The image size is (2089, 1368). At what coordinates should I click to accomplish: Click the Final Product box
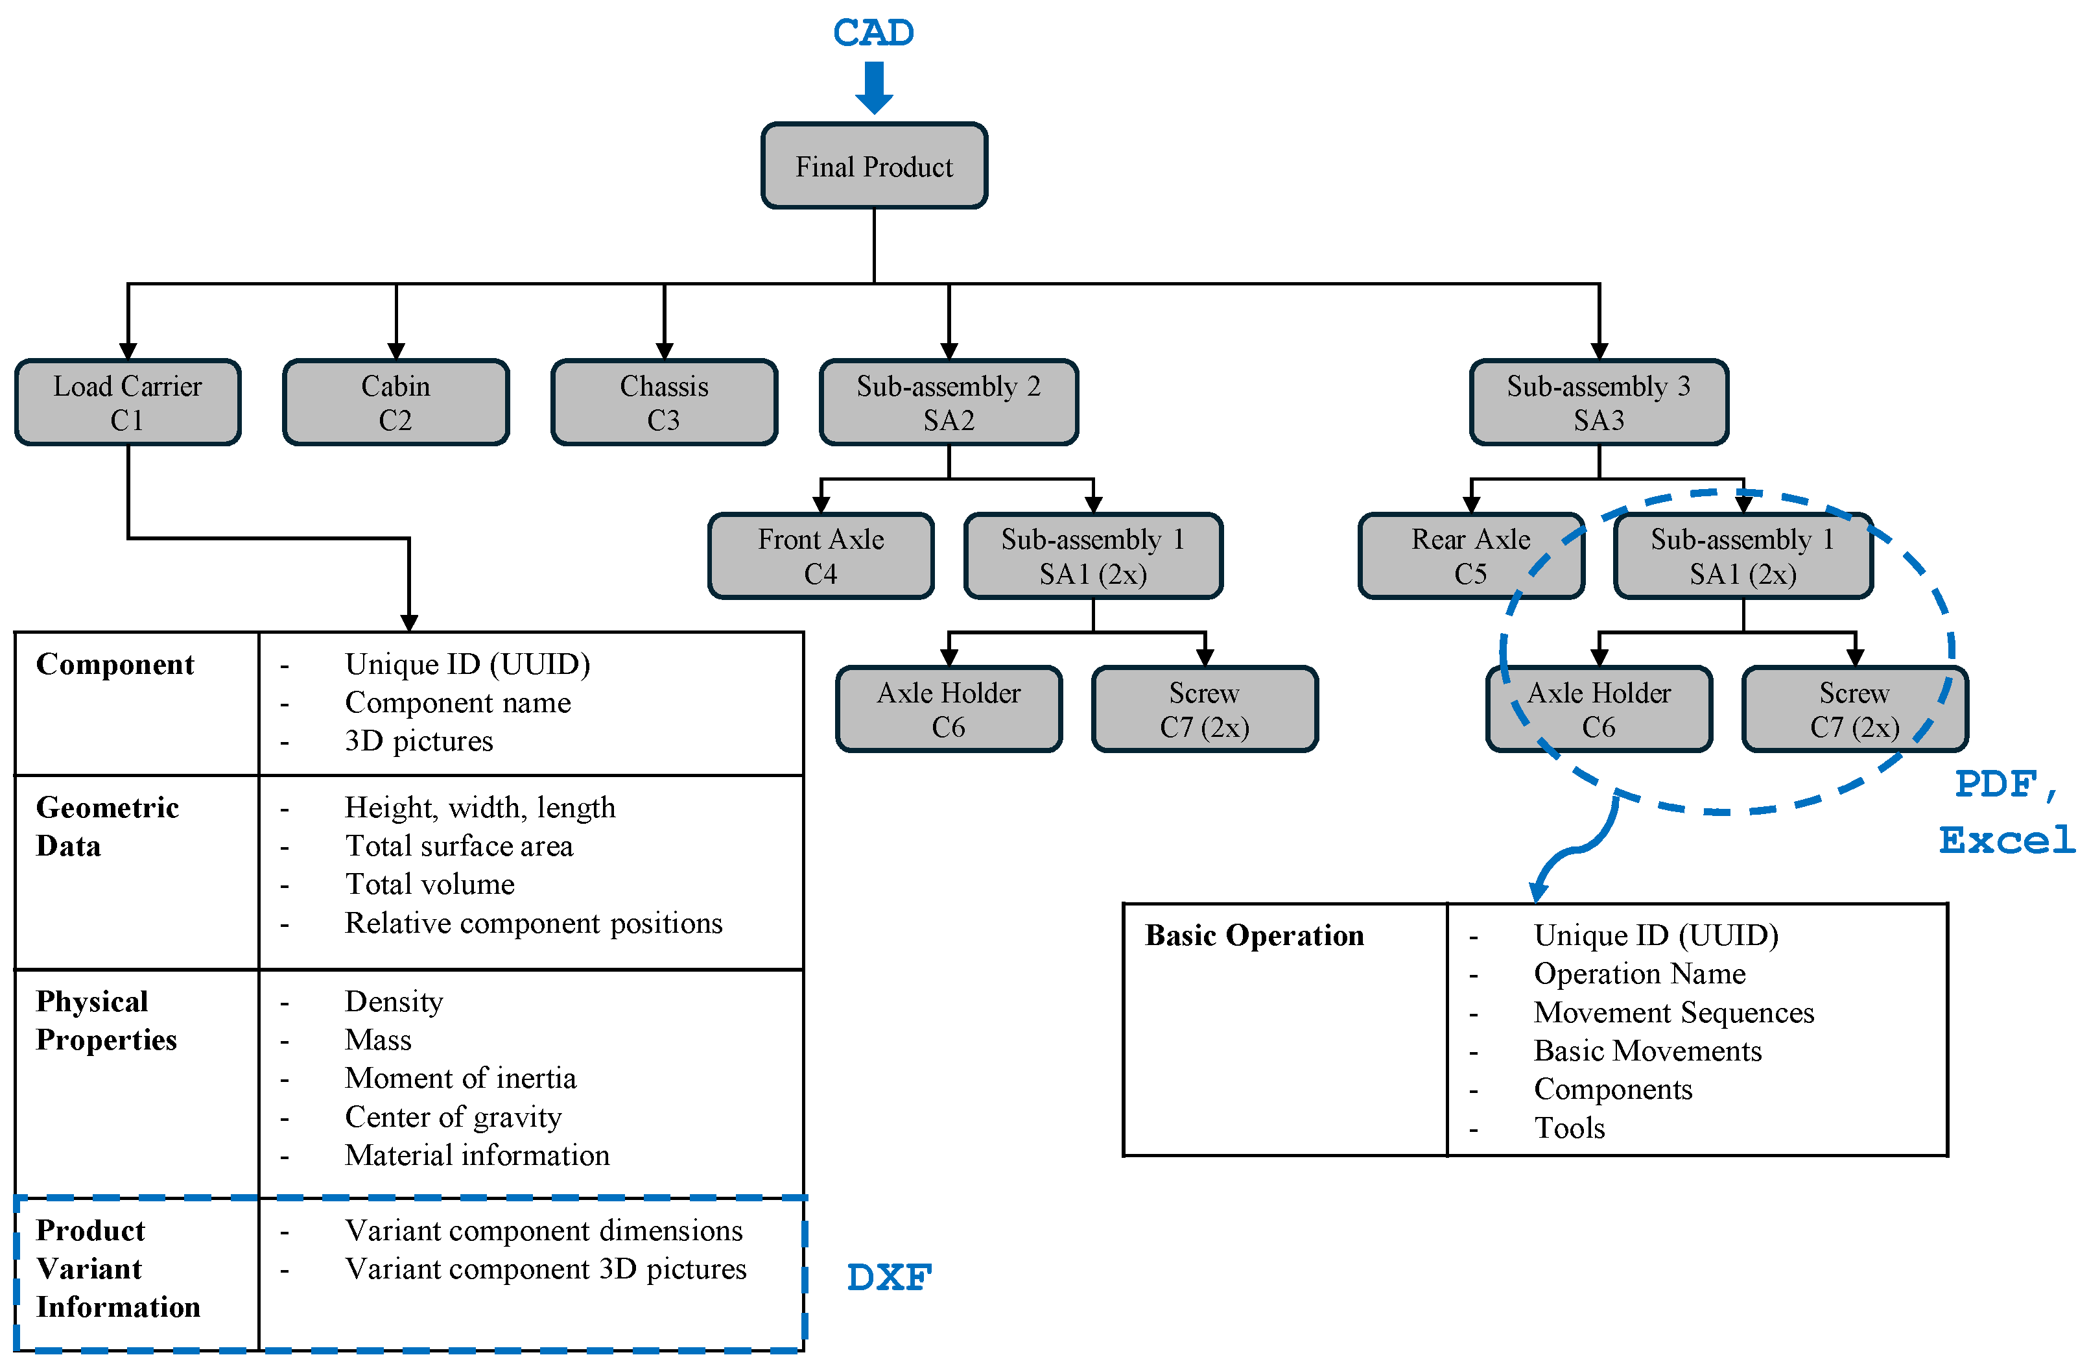pos(873,166)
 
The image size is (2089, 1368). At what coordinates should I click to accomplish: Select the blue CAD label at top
pos(873,33)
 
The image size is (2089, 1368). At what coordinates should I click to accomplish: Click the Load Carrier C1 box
pos(128,402)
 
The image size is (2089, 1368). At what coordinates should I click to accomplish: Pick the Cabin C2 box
pos(396,402)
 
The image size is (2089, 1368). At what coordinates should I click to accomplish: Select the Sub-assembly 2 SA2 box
pos(949,402)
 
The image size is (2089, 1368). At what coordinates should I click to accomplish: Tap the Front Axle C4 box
pos(821,556)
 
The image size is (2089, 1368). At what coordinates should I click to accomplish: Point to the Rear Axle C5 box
pos(1470,556)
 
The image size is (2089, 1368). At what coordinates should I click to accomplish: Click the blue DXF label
pos(888,1278)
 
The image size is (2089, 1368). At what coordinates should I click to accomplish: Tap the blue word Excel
pos(2007,840)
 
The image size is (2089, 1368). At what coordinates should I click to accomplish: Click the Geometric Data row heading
pos(107,826)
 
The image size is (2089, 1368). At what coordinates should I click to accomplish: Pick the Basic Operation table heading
pos(1255,935)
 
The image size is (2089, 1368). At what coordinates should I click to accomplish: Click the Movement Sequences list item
pos(1673,1013)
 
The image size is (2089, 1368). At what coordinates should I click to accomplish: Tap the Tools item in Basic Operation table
pos(1570,1127)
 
